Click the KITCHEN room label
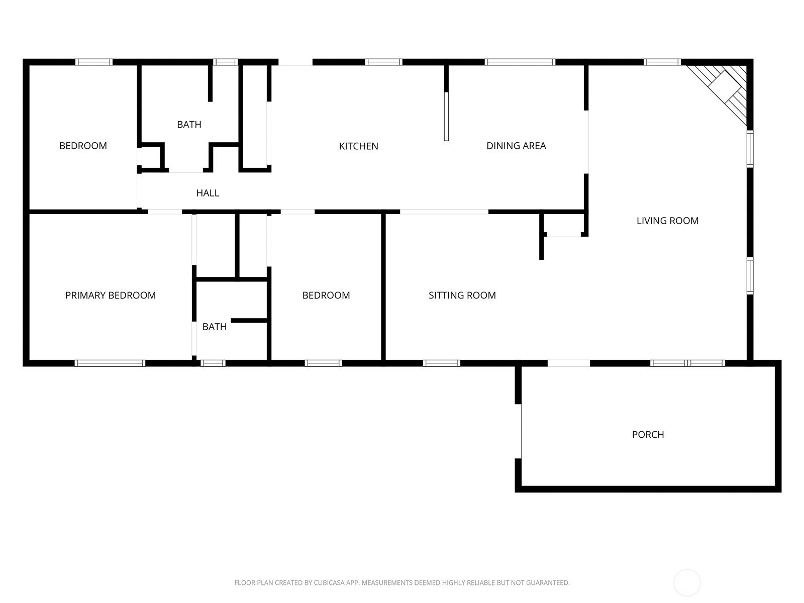pos(358,146)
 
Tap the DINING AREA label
pos(516,146)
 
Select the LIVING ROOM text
pos(667,221)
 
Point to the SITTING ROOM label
pos(462,295)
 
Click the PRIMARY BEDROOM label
pos(110,295)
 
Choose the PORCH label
pos(648,435)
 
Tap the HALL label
pos(208,193)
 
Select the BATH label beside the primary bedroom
pos(214,327)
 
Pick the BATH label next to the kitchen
pos(189,125)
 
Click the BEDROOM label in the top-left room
pos(83,146)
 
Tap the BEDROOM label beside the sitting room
pos(326,295)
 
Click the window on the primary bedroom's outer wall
pos(110,363)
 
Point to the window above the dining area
pos(520,62)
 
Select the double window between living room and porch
pos(687,363)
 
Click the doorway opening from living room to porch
pos(568,363)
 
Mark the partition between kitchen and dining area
pos(446,103)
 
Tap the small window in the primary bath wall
pos(213,363)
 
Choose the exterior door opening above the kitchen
pos(295,62)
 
